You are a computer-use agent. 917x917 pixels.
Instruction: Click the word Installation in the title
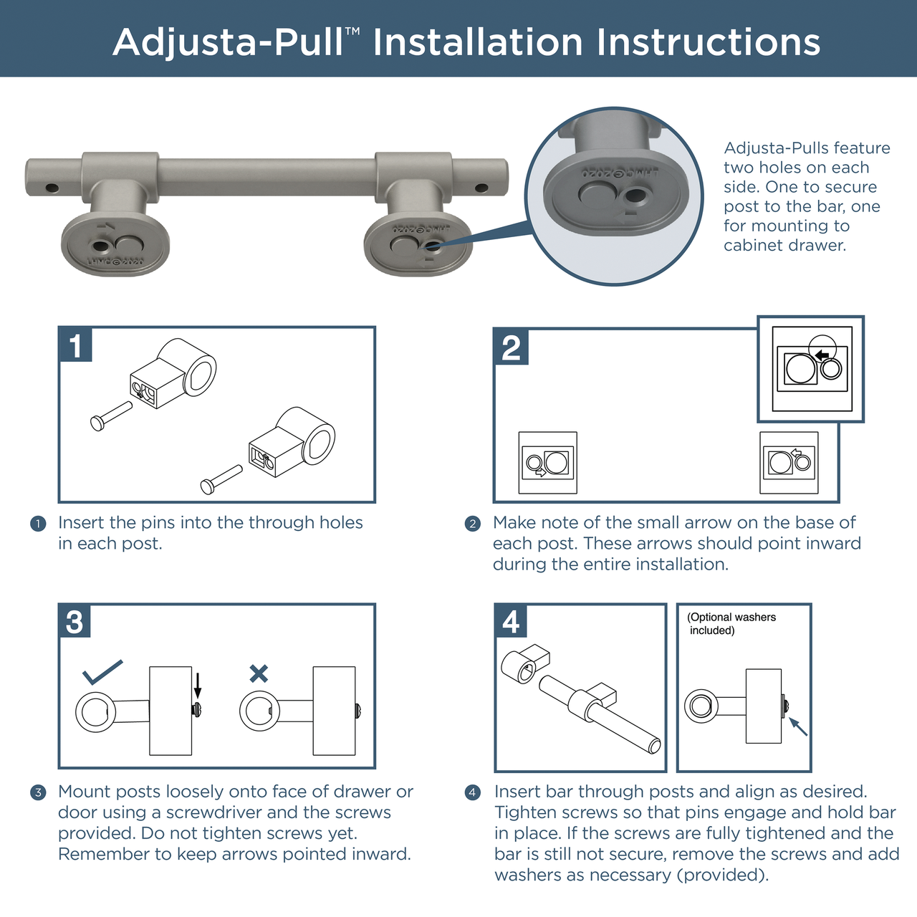(x=479, y=42)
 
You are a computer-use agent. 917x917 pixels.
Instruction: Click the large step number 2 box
(x=511, y=347)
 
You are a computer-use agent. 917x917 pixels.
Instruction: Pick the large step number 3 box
(x=75, y=621)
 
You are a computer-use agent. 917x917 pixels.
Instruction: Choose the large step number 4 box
(x=511, y=621)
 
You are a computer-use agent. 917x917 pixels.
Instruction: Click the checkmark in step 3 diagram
(x=102, y=671)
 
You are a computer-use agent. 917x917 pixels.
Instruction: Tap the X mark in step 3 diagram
(x=259, y=673)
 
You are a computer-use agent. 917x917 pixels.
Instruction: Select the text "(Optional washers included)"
(x=731, y=623)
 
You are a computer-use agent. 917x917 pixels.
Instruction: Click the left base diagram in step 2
(x=548, y=463)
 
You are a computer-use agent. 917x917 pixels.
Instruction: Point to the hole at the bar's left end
(x=52, y=188)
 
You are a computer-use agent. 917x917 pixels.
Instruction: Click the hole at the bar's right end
(x=481, y=188)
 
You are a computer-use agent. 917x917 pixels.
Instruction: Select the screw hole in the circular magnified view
(x=634, y=196)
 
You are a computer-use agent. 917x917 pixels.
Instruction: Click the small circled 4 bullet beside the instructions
(x=472, y=792)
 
